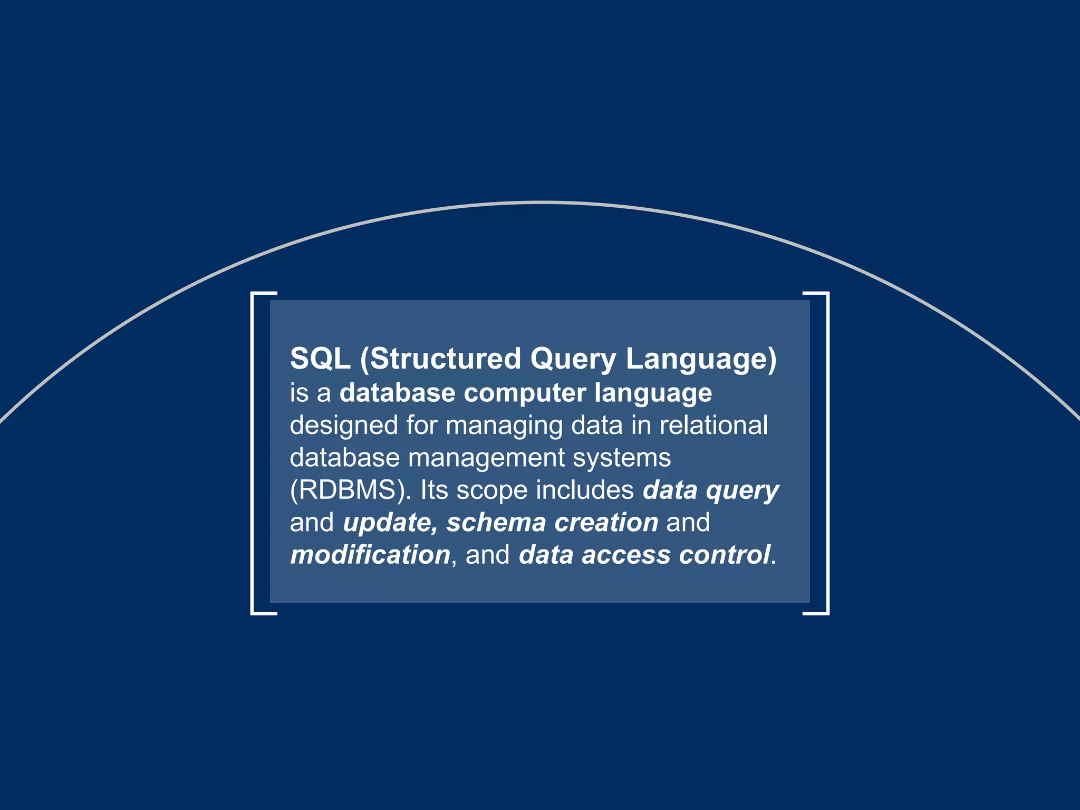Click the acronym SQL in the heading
tap(320, 359)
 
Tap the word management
tap(486, 457)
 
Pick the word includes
tap(585, 490)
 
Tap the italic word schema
tap(496, 523)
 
